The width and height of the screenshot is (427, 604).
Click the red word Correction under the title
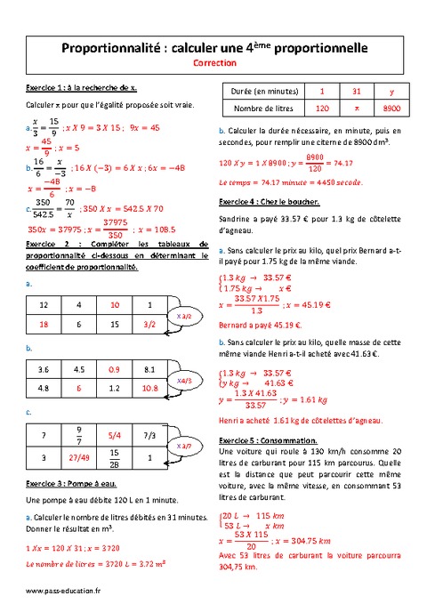pyautogui.click(x=213, y=64)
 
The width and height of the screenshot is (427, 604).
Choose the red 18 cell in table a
pyautogui.click(x=43, y=326)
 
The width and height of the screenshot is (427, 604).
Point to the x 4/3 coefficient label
pyautogui.click(x=185, y=380)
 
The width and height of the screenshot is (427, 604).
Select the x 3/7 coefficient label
pyautogui.click(x=185, y=445)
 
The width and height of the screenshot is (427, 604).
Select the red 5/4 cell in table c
pyautogui.click(x=114, y=435)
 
